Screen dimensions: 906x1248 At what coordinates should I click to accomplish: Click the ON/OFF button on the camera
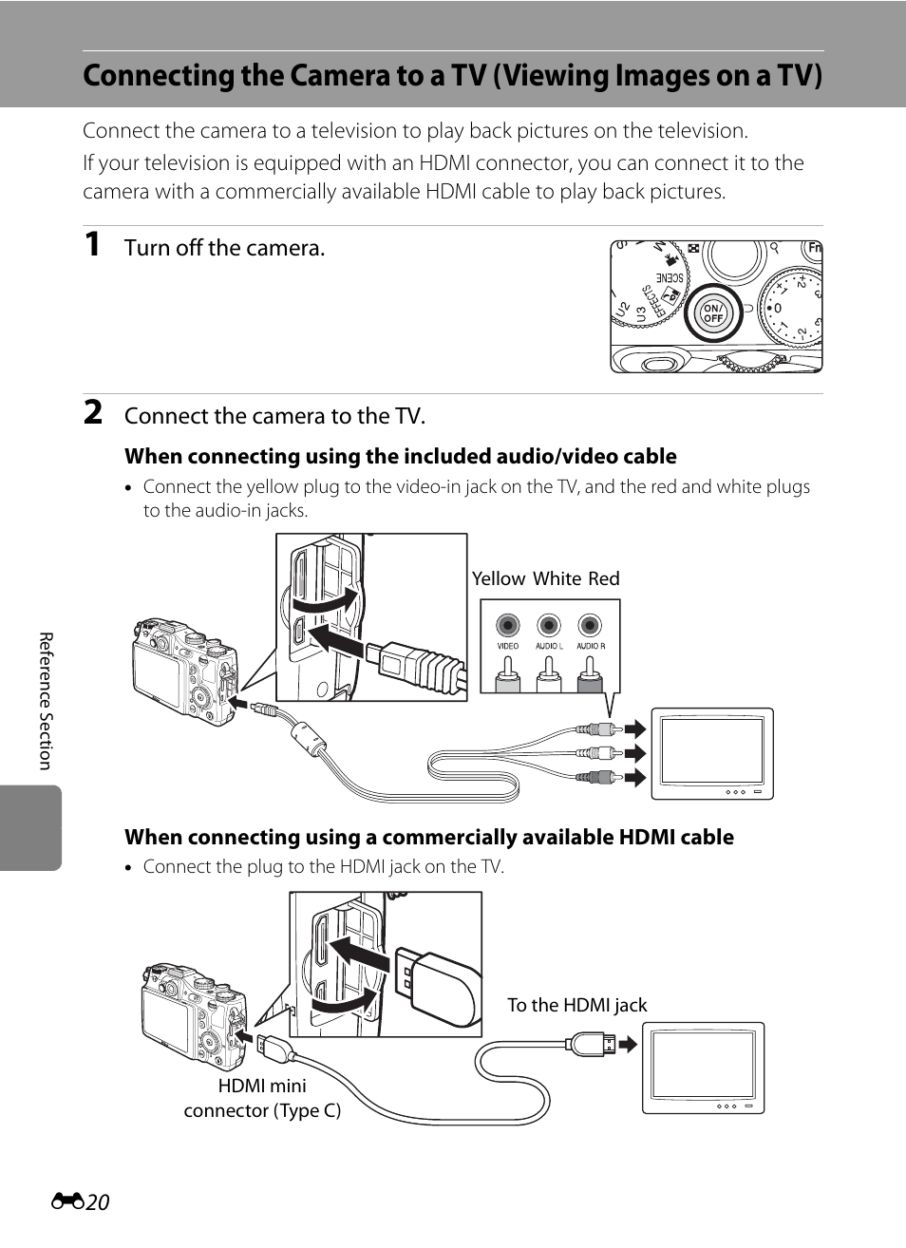[x=712, y=313]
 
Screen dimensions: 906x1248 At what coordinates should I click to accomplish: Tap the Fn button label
[x=814, y=248]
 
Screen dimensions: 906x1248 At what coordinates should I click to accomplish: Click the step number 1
[x=92, y=245]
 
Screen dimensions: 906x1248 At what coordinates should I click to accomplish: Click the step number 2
[x=93, y=413]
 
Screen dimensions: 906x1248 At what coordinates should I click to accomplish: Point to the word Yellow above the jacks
[x=499, y=578]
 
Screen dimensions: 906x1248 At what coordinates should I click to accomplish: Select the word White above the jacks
[x=557, y=578]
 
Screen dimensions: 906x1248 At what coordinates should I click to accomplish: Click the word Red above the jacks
[x=604, y=578]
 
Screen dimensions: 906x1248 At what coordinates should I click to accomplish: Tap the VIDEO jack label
[x=507, y=646]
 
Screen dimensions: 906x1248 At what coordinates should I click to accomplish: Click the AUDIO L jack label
[x=549, y=646]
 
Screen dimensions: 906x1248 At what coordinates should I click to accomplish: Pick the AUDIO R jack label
[x=591, y=646]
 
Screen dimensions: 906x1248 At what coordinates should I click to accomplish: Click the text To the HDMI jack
[x=577, y=1005]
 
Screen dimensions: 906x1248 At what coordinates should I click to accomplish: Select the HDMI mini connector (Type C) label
[x=262, y=1098]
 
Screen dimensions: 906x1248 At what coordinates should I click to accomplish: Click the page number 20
[x=98, y=1202]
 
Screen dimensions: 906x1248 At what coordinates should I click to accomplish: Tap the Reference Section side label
[x=46, y=701]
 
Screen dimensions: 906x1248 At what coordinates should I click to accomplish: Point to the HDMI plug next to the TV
[x=592, y=1044]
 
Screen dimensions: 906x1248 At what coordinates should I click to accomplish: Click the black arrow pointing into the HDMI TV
[x=628, y=1044]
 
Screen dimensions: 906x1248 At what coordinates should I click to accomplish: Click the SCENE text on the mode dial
[x=670, y=278]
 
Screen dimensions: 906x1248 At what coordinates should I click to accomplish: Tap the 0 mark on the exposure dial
[x=778, y=308]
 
